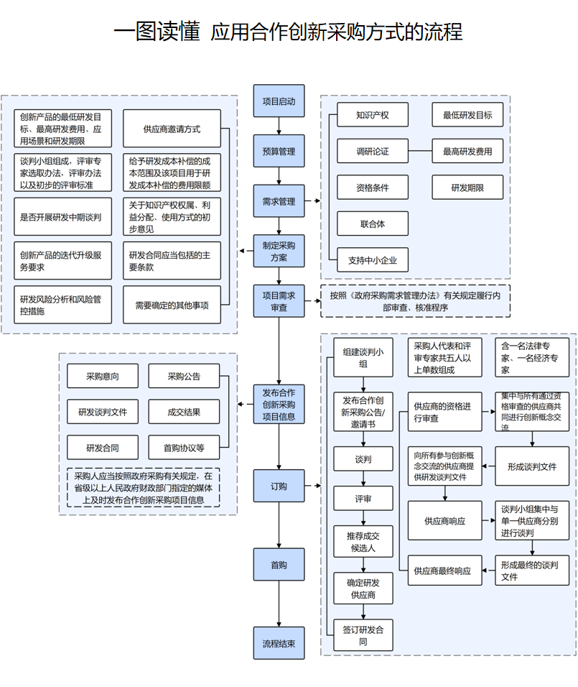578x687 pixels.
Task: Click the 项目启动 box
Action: coord(279,101)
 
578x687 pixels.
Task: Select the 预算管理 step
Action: coord(279,152)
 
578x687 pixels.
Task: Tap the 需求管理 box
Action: coord(279,202)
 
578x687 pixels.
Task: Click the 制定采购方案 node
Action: coord(279,252)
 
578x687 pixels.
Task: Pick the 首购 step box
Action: coord(279,565)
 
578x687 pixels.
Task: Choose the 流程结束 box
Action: coord(279,643)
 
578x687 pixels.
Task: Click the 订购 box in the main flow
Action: coord(279,486)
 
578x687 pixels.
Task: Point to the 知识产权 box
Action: coord(373,115)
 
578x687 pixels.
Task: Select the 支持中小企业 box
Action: coord(373,260)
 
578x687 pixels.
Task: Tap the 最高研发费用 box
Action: coord(467,152)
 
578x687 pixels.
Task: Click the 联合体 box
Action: coord(373,224)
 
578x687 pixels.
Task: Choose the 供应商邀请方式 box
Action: coord(172,129)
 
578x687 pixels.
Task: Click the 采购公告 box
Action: coord(184,376)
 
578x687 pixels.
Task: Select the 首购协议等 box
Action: coord(184,448)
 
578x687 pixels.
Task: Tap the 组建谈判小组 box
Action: coord(363,357)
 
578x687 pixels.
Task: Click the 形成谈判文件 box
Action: coord(532,466)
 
